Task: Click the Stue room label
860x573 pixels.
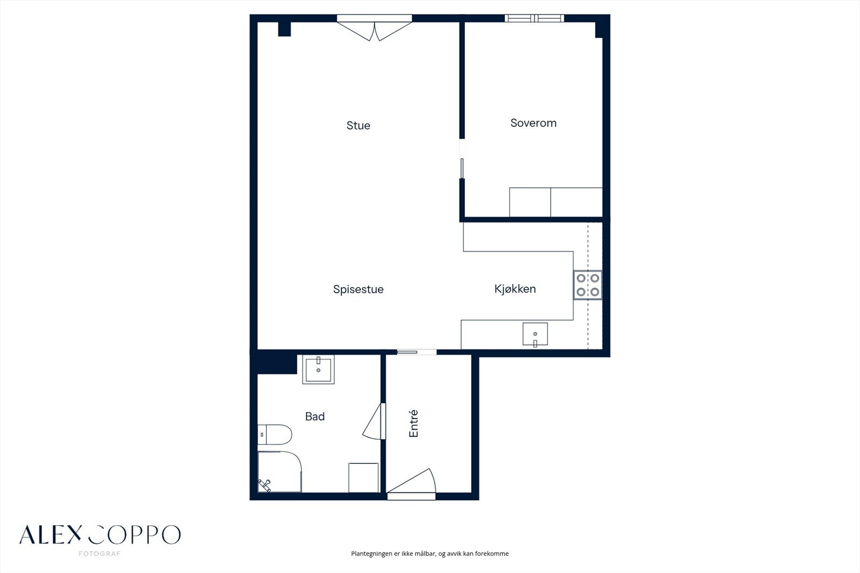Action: pyautogui.click(x=358, y=126)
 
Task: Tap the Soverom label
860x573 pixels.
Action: pyautogui.click(x=533, y=123)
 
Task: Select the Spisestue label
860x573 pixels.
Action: pyautogui.click(x=358, y=289)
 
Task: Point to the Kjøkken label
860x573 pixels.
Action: pyautogui.click(x=515, y=289)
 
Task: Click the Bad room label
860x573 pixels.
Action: pyautogui.click(x=315, y=416)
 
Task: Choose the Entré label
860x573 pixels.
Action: pyautogui.click(x=413, y=424)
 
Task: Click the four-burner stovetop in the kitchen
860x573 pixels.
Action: pyautogui.click(x=588, y=285)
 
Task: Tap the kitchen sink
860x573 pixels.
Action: pyautogui.click(x=535, y=334)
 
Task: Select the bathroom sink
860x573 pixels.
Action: pyautogui.click(x=318, y=369)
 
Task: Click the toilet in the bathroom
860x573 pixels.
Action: pyautogui.click(x=275, y=434)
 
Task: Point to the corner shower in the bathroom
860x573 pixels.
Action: pyautogui.click(x=279, y=471)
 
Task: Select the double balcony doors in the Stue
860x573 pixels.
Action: pyautogui.click(x=374, y=27)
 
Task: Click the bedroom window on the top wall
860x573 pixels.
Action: pyautogui.click(x=534, y=18)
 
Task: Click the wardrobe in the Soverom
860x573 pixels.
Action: pyautogui.click(x=556, y=202)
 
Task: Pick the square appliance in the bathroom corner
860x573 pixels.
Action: pyautogui.click(x=363, y=478)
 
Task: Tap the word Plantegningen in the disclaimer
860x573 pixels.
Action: pyautogui.click(x=371, y=554)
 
